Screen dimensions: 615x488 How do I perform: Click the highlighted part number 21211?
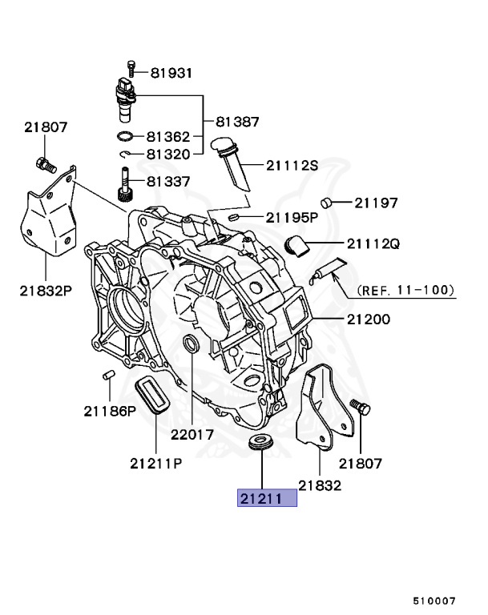(x=266, y=499)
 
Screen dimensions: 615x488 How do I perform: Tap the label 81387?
(x=236, y=122)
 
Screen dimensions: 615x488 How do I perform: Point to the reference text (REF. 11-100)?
(x=405, y=290)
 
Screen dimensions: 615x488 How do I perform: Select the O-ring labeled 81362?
(x=126, y=136)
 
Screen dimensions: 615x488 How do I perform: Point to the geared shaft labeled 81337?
(x=125, y=187)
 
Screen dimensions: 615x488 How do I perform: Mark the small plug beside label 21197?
(x=326, y=202)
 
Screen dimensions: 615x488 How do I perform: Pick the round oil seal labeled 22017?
(x=192, y=345)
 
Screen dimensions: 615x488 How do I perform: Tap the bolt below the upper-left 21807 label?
(x=45, y=166)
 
